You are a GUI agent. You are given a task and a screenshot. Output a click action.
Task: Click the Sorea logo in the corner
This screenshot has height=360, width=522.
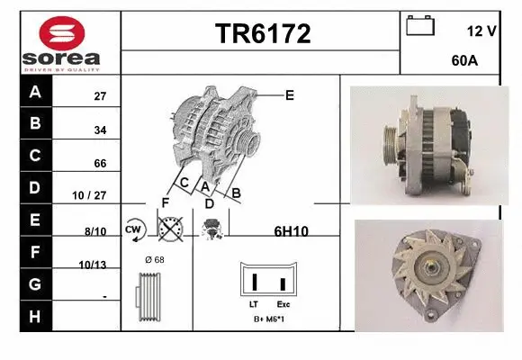(60, 43)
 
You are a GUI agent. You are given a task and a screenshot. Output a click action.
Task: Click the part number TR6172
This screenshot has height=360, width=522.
(262, 34)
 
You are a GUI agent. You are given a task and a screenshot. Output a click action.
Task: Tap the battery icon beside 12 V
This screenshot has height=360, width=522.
(420, 26)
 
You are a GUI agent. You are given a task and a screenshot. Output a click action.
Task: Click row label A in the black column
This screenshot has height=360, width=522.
(36, 93)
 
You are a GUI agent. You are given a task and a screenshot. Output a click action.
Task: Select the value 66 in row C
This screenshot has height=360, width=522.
(101, 163)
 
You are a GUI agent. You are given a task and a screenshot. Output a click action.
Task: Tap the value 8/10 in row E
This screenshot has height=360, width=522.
(95, 231)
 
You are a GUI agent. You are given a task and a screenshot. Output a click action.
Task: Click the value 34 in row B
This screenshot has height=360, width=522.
(101, 130)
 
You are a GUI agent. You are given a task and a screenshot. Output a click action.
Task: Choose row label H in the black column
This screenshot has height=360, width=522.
(36, 317)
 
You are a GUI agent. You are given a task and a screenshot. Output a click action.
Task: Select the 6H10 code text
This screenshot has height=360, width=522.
(291, 231)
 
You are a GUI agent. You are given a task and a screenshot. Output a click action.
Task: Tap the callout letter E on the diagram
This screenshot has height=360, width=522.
(290, 94)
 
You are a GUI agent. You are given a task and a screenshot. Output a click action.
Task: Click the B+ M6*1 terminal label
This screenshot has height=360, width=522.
(269, 319)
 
